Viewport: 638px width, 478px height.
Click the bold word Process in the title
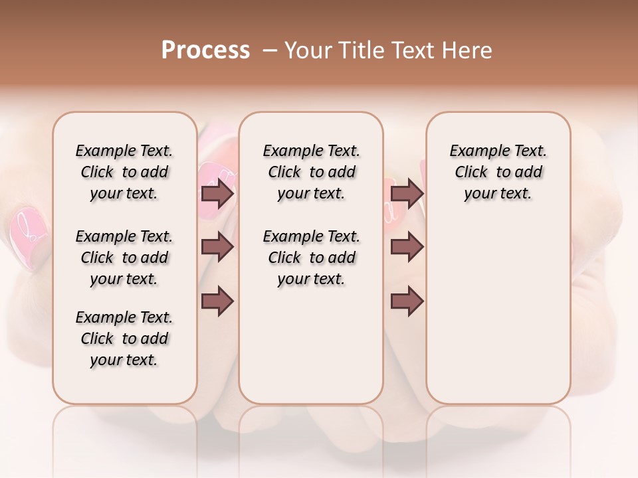click(x=205, y=50)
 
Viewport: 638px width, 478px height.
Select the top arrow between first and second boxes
click(x=217, y=194)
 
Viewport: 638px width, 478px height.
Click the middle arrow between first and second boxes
click(x=217, y=247)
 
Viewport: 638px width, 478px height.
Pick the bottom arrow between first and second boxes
click(x=217, y=301)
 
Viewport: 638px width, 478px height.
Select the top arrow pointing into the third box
click(x=407, y=194)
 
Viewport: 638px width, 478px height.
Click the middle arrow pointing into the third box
click(x=407, y=247)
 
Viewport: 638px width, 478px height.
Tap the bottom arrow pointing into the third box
click(x=407, y=301)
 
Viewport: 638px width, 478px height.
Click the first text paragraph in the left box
click(x=124, y=172)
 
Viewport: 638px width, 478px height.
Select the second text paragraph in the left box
click(x=124, y=258)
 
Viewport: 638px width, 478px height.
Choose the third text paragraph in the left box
click(x=124, y=339)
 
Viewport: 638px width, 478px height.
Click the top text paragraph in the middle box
click(x=311, y=172)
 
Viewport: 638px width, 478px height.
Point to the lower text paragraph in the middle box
click(x=311, y=258)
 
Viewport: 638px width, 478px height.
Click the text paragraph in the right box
click(x=498, y=172)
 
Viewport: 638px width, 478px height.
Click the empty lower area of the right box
click(x=498, y=319)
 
